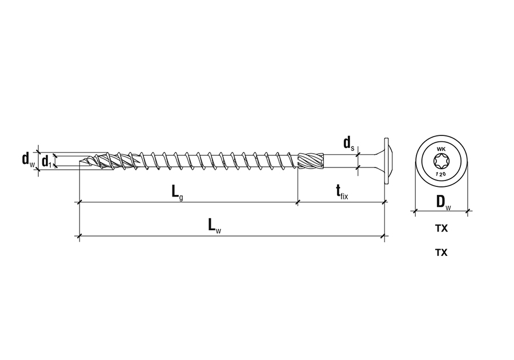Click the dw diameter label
(28, 159)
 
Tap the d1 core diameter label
(46, 161)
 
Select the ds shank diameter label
(349, 143)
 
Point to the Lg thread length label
(178, 192)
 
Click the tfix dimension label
(342, 191)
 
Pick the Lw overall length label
(215, 226)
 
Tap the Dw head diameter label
(444, 202)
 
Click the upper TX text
(441, 228)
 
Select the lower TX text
(441, 253)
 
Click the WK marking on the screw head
(441, 149)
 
